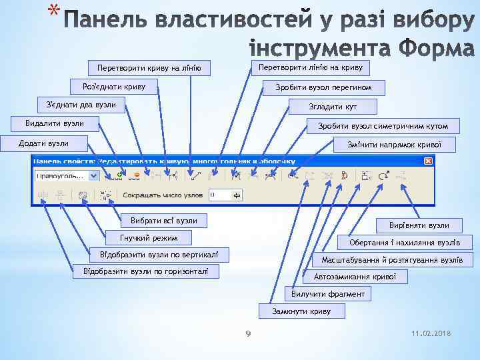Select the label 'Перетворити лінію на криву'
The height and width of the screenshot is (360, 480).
310,67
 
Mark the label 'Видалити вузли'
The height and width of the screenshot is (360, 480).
55,123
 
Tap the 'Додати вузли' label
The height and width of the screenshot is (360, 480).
44,143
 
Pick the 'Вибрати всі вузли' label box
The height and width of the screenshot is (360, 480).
164,220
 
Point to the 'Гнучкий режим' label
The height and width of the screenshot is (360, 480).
149,237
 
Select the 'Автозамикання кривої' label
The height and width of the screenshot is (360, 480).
355,276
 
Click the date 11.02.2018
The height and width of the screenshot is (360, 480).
432,333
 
